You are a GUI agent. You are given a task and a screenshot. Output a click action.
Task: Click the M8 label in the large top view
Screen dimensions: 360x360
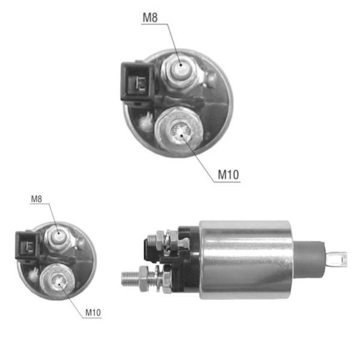point(150,17)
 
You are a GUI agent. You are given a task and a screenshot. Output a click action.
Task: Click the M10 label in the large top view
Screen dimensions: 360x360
point(228,175)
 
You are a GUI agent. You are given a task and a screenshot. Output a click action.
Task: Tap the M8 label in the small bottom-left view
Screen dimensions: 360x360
point(37,199)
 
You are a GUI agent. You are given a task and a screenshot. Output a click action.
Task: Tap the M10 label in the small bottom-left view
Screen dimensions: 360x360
point(93,313)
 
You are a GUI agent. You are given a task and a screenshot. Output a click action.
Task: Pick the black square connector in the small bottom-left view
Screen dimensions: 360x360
point(28,245)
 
